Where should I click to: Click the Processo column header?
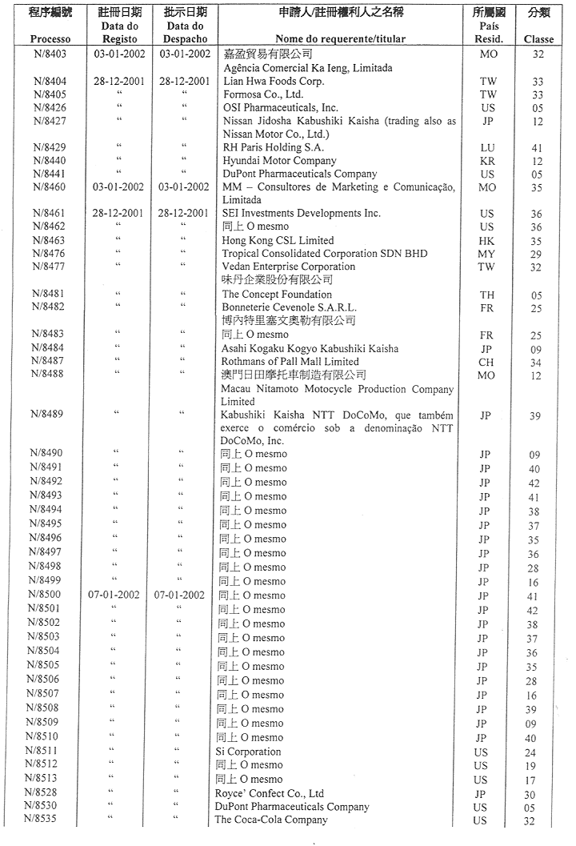[50, 38]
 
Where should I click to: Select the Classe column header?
[538, 38]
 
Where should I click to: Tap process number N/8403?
[50, 54]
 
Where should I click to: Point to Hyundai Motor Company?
[268, 161]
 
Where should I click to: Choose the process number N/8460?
[50, 187]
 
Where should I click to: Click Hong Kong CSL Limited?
[278, 240]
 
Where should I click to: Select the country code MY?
[487, 254]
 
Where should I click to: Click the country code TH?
[487, 295]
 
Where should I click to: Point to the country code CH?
[487, 363]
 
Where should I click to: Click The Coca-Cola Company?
[271, 820]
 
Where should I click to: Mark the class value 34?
[536, 363]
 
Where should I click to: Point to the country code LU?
[487, 148]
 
